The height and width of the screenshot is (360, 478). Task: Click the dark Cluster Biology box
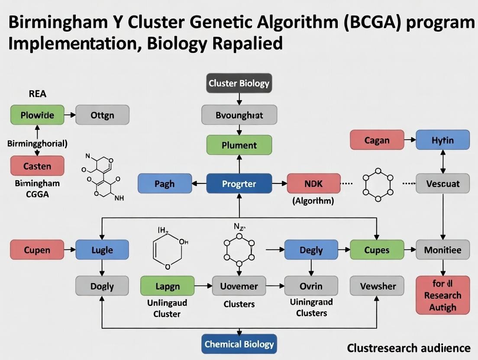[239, 83]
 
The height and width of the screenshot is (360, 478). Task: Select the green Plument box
[239, 145]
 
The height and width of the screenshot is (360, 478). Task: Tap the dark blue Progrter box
[239, 183]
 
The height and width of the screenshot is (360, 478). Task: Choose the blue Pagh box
[165, 183]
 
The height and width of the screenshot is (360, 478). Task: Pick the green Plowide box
[37, 115]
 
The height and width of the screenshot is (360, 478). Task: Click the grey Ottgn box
[102, 115]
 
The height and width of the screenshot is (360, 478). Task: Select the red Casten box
[37, 166]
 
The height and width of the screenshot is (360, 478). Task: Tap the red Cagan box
[377, 140]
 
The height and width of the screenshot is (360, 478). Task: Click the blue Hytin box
[442, 140]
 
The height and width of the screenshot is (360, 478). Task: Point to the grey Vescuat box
[442, 183]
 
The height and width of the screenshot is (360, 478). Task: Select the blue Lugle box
[102, 250]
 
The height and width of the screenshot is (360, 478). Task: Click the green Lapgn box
[167, 286]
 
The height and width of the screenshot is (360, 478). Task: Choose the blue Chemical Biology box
[239, 344]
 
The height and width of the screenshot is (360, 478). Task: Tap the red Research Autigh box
[442, 295]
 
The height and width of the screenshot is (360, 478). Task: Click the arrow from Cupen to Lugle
[70, 250]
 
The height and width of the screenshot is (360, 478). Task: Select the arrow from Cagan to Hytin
[410, 140]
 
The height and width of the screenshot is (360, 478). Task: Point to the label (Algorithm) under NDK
[313, 200]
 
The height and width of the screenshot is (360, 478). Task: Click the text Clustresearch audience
[408, 348]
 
